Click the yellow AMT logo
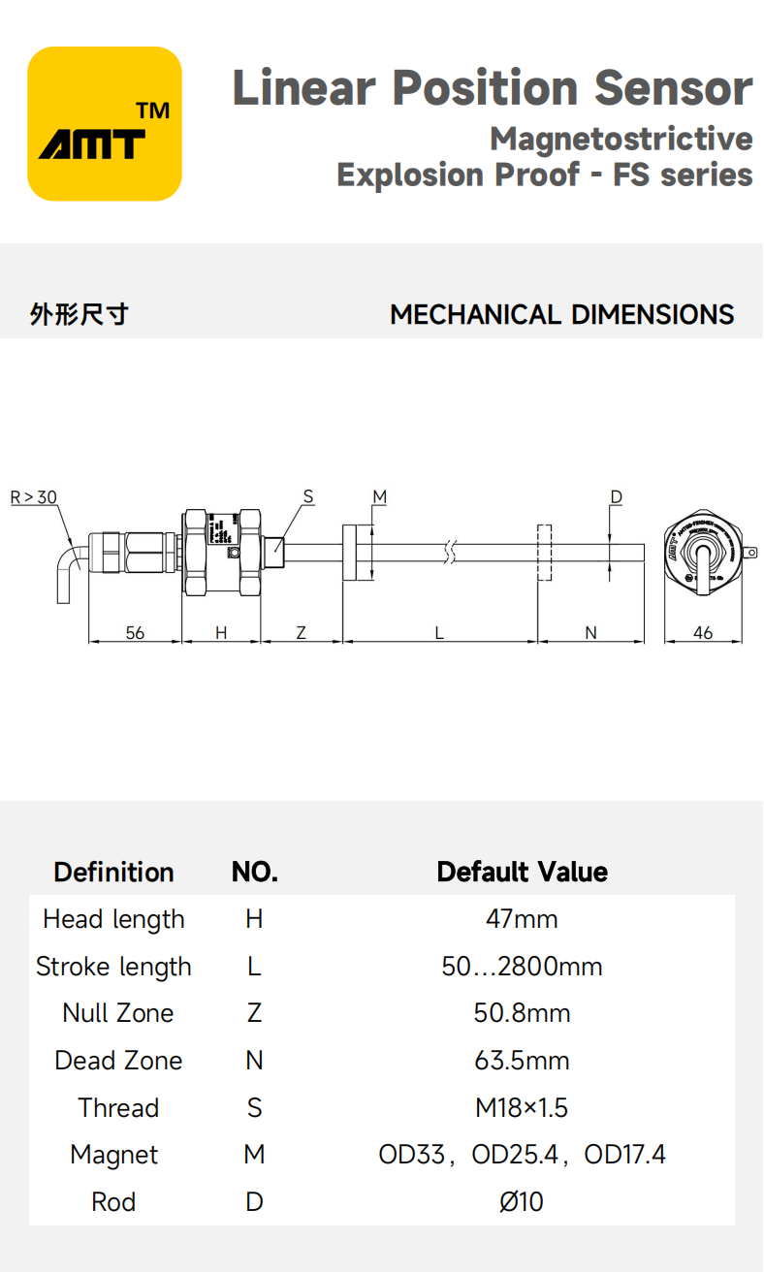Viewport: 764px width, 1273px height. coord(105,124)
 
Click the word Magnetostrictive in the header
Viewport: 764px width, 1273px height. coord(621,139)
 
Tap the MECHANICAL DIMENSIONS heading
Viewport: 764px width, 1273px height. coord(561,315)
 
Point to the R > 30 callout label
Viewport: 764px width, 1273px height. coord(33,497)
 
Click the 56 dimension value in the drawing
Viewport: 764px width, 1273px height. coord(135,632)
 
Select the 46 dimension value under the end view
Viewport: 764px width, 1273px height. coord(703,632)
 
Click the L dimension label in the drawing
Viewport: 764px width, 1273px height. coord(439,632)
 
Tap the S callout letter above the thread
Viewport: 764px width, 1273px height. coord(308,497)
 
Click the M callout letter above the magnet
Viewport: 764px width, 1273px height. coord(379,497)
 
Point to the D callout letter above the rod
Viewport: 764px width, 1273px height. coord(616,497)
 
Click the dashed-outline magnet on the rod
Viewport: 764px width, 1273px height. coord(544,553)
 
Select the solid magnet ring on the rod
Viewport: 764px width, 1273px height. coord(357,553)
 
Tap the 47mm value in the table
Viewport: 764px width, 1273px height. coord(522,919)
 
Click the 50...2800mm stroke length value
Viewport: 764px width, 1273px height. coord(522,967)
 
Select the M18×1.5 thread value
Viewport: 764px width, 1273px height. coord(522,1107)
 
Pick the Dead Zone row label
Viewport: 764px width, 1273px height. coord(118,1061)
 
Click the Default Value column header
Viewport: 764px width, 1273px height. coord(522,872)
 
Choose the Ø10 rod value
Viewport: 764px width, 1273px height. coord(522,1202)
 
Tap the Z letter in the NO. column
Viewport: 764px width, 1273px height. coord(254,1013)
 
